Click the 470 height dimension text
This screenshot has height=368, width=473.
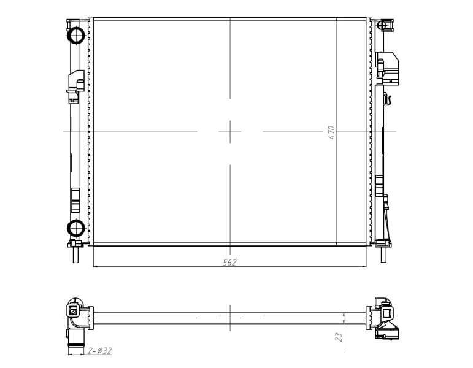[331, 132]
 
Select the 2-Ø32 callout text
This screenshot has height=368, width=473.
[100, 351]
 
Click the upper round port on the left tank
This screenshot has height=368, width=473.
[75, 36]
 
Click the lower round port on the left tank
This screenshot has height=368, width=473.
[75, 228]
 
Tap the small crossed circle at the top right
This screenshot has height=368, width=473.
[382, 25]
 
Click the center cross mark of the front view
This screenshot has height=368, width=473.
[230, 132]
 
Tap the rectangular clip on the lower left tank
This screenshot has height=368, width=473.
[75, 197]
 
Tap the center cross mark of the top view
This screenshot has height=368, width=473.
[230, 318]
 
